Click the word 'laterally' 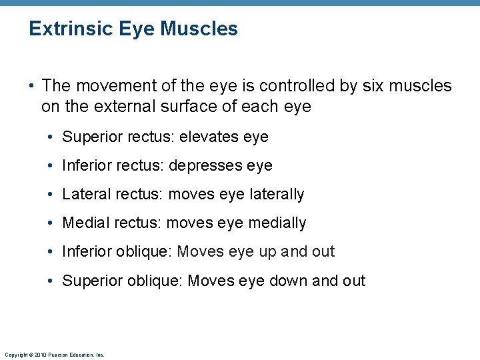click(277, 194)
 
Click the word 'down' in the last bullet click(288, 281)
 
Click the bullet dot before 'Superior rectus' click(51, 138)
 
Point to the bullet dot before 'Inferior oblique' click(51, 252)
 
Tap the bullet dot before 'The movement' click(31, 87)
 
